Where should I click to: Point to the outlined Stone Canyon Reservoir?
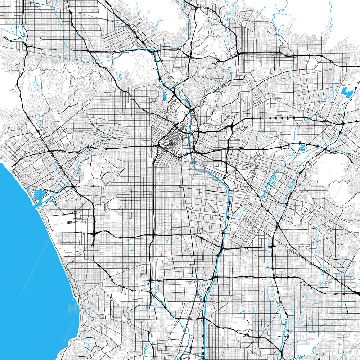[x=36, y=85]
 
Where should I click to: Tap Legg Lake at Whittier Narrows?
[x=302, y=147]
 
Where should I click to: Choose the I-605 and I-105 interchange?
[x=273, y=245]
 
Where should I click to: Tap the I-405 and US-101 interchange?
[x=26, y=46]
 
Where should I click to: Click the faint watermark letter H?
[x=70, y=308]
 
